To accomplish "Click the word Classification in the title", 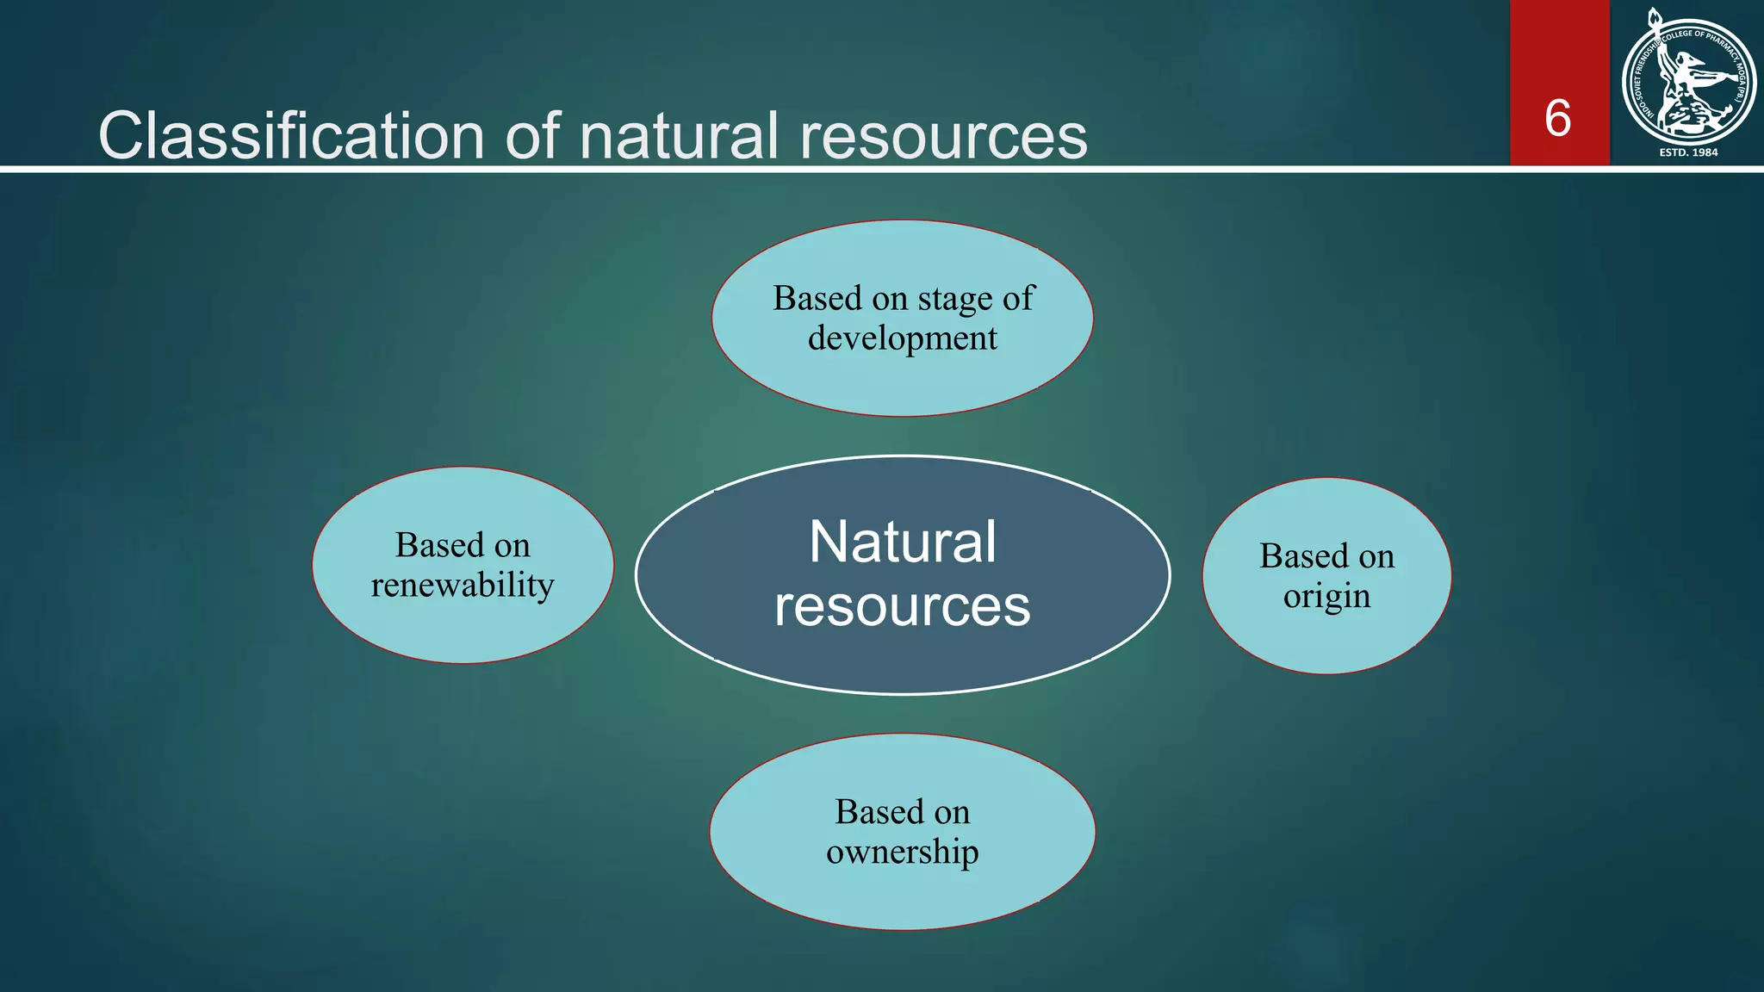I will (x=291, y=136).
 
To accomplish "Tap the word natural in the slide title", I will (x=679, y=136).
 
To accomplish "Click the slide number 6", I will (x=1557, y=118).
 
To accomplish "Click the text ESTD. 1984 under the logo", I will (x=1688, y=152).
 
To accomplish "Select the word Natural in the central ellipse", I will (x=902, y=542).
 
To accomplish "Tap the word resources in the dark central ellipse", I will (x=902, y=606).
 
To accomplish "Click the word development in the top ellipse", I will (x=902, y=338).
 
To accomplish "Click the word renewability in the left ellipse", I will (x=463, y=586).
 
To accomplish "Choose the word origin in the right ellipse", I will (x=1326, y=597).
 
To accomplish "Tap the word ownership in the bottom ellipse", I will (x=902, y=852).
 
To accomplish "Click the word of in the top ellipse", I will (x=1017, y=298).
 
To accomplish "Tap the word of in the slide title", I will (x=532, y=136).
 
